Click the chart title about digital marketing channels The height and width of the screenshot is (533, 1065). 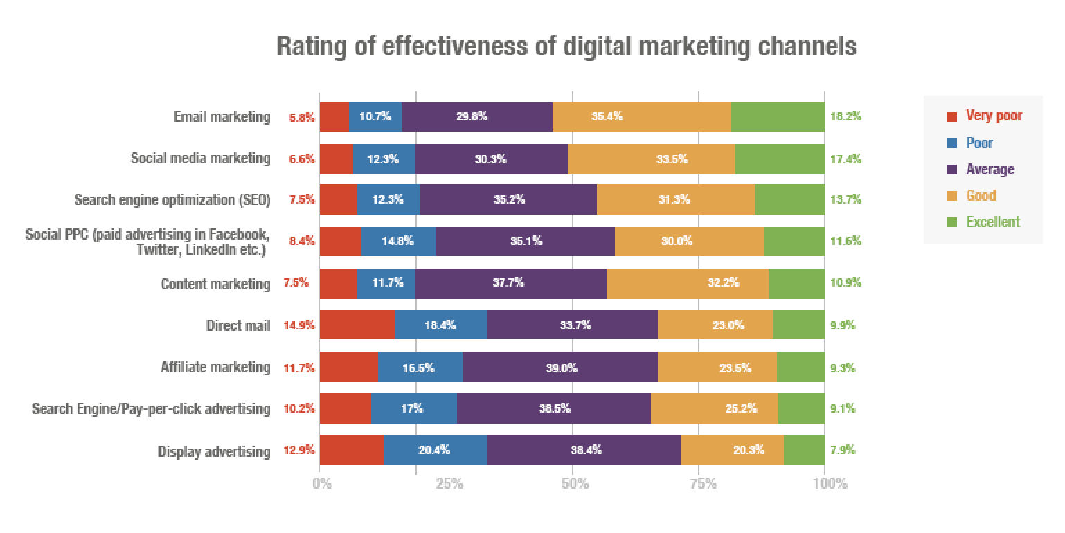coord(566,46)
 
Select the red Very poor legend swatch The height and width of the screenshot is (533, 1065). coord(952,117)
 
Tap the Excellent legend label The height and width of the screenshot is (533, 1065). coord(993,222)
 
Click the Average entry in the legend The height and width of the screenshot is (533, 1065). coord(990,170)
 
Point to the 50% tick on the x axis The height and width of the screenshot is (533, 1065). coord(575,484)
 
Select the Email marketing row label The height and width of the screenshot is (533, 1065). coord(222,117)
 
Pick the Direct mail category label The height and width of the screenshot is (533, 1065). coord(238,325)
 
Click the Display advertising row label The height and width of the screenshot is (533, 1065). coord(214,452)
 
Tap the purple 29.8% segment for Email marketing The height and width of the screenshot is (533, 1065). coord(476,117)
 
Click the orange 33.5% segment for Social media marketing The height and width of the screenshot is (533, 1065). coord(651,159)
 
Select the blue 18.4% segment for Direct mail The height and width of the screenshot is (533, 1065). coord(440,325)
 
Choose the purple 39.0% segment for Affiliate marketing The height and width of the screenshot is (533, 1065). coord(560,368)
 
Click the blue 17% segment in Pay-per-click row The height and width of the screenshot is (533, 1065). coord(413,409)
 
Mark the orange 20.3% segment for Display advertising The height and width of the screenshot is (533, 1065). coord(732,451)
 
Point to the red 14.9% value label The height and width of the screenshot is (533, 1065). coord(299,325)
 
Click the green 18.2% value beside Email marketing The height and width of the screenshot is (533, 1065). coord(845,117)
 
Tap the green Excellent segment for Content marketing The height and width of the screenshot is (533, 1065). coord(796,284)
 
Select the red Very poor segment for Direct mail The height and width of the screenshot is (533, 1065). coord(357,325)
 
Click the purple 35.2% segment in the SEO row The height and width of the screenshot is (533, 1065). coord(508,200)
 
